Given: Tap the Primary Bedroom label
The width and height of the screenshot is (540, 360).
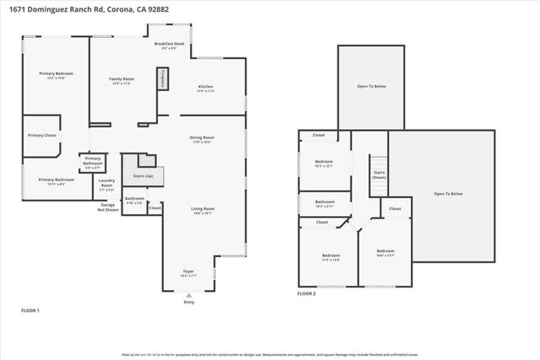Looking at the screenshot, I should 52,76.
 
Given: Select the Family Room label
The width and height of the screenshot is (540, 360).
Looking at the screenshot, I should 122,80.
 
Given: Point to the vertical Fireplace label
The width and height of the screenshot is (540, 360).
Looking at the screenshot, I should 162,78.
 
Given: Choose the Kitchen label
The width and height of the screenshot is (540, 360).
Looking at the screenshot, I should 205,88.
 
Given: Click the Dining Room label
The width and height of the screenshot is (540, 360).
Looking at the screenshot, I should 202,139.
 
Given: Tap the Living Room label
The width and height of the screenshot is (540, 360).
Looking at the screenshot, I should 202,211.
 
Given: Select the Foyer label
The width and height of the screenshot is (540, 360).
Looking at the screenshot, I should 187,273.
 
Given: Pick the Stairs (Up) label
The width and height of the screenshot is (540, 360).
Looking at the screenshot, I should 143,177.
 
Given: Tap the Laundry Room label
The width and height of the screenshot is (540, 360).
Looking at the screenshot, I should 106,182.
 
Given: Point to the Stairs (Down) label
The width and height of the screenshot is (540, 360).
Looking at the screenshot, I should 379,175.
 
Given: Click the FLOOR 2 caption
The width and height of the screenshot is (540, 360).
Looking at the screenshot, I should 306,294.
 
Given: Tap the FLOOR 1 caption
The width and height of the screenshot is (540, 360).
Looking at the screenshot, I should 30,312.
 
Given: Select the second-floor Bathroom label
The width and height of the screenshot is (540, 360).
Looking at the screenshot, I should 325,203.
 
